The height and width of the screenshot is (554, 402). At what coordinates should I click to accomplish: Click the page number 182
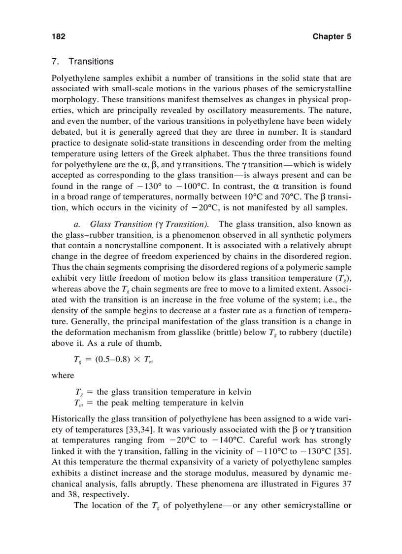click(58, 37)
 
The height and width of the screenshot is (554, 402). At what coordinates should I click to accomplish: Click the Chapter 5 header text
click(332, 37)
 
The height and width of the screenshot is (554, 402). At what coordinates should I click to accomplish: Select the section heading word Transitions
click(91, 62)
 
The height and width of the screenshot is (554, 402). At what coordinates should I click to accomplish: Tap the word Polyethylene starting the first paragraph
click(74, 78)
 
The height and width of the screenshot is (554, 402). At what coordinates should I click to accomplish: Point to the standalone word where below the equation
click(63, 375)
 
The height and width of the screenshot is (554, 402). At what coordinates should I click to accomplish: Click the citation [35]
click(342, 451)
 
